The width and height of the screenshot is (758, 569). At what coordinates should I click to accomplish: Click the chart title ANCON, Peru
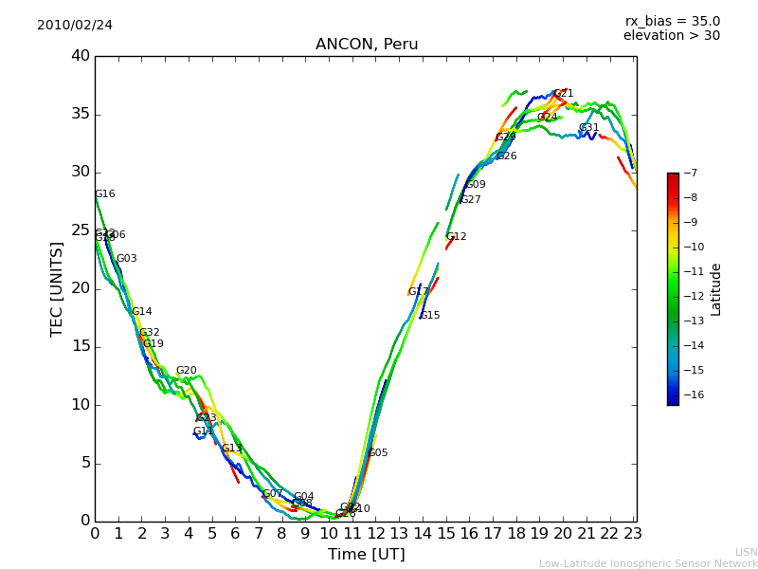[x=367, y=45]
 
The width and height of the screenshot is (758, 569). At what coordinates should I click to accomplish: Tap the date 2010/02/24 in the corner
[x=75, y=25]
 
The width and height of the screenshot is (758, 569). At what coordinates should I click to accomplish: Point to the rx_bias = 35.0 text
[x=672, y=21]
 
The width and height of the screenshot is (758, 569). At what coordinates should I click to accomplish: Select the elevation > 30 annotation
[x=671, y=36]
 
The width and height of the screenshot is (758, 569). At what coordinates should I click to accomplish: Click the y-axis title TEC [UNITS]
[x=57, y=288]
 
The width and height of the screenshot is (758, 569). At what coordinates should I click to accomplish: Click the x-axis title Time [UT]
[x=366, y=554]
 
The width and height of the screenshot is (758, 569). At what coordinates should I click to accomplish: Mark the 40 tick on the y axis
[x=81, y=56]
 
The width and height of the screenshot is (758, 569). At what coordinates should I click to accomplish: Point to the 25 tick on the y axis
[x=81, y=230]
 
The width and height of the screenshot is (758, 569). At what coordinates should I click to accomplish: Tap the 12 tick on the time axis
[x=375, y=532]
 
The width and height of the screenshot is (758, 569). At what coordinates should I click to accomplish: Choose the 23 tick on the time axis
[x=634, y=532]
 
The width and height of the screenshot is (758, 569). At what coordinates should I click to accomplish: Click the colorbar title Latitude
[x=716, y=288]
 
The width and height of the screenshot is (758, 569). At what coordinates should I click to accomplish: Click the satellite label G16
[x=104, y=194]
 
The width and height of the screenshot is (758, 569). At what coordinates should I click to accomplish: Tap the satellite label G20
[x=186, y=371]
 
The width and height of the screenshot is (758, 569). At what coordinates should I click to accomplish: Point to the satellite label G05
[x=377, y=453]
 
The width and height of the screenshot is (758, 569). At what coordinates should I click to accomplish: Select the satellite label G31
[x=588, y=128]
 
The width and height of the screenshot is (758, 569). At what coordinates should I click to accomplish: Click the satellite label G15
[x=429, y=316]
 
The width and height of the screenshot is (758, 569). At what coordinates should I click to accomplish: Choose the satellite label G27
[x=470, y=200]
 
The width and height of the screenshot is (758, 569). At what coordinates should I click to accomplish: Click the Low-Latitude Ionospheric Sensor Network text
[x=648, y=563]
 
